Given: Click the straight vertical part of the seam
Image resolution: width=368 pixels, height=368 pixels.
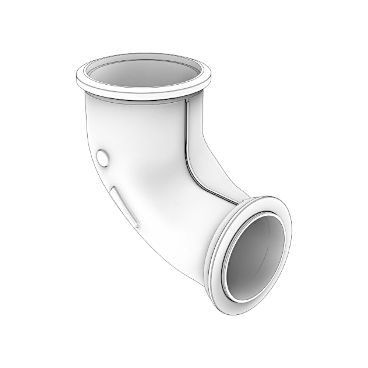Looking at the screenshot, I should coord(187,127).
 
